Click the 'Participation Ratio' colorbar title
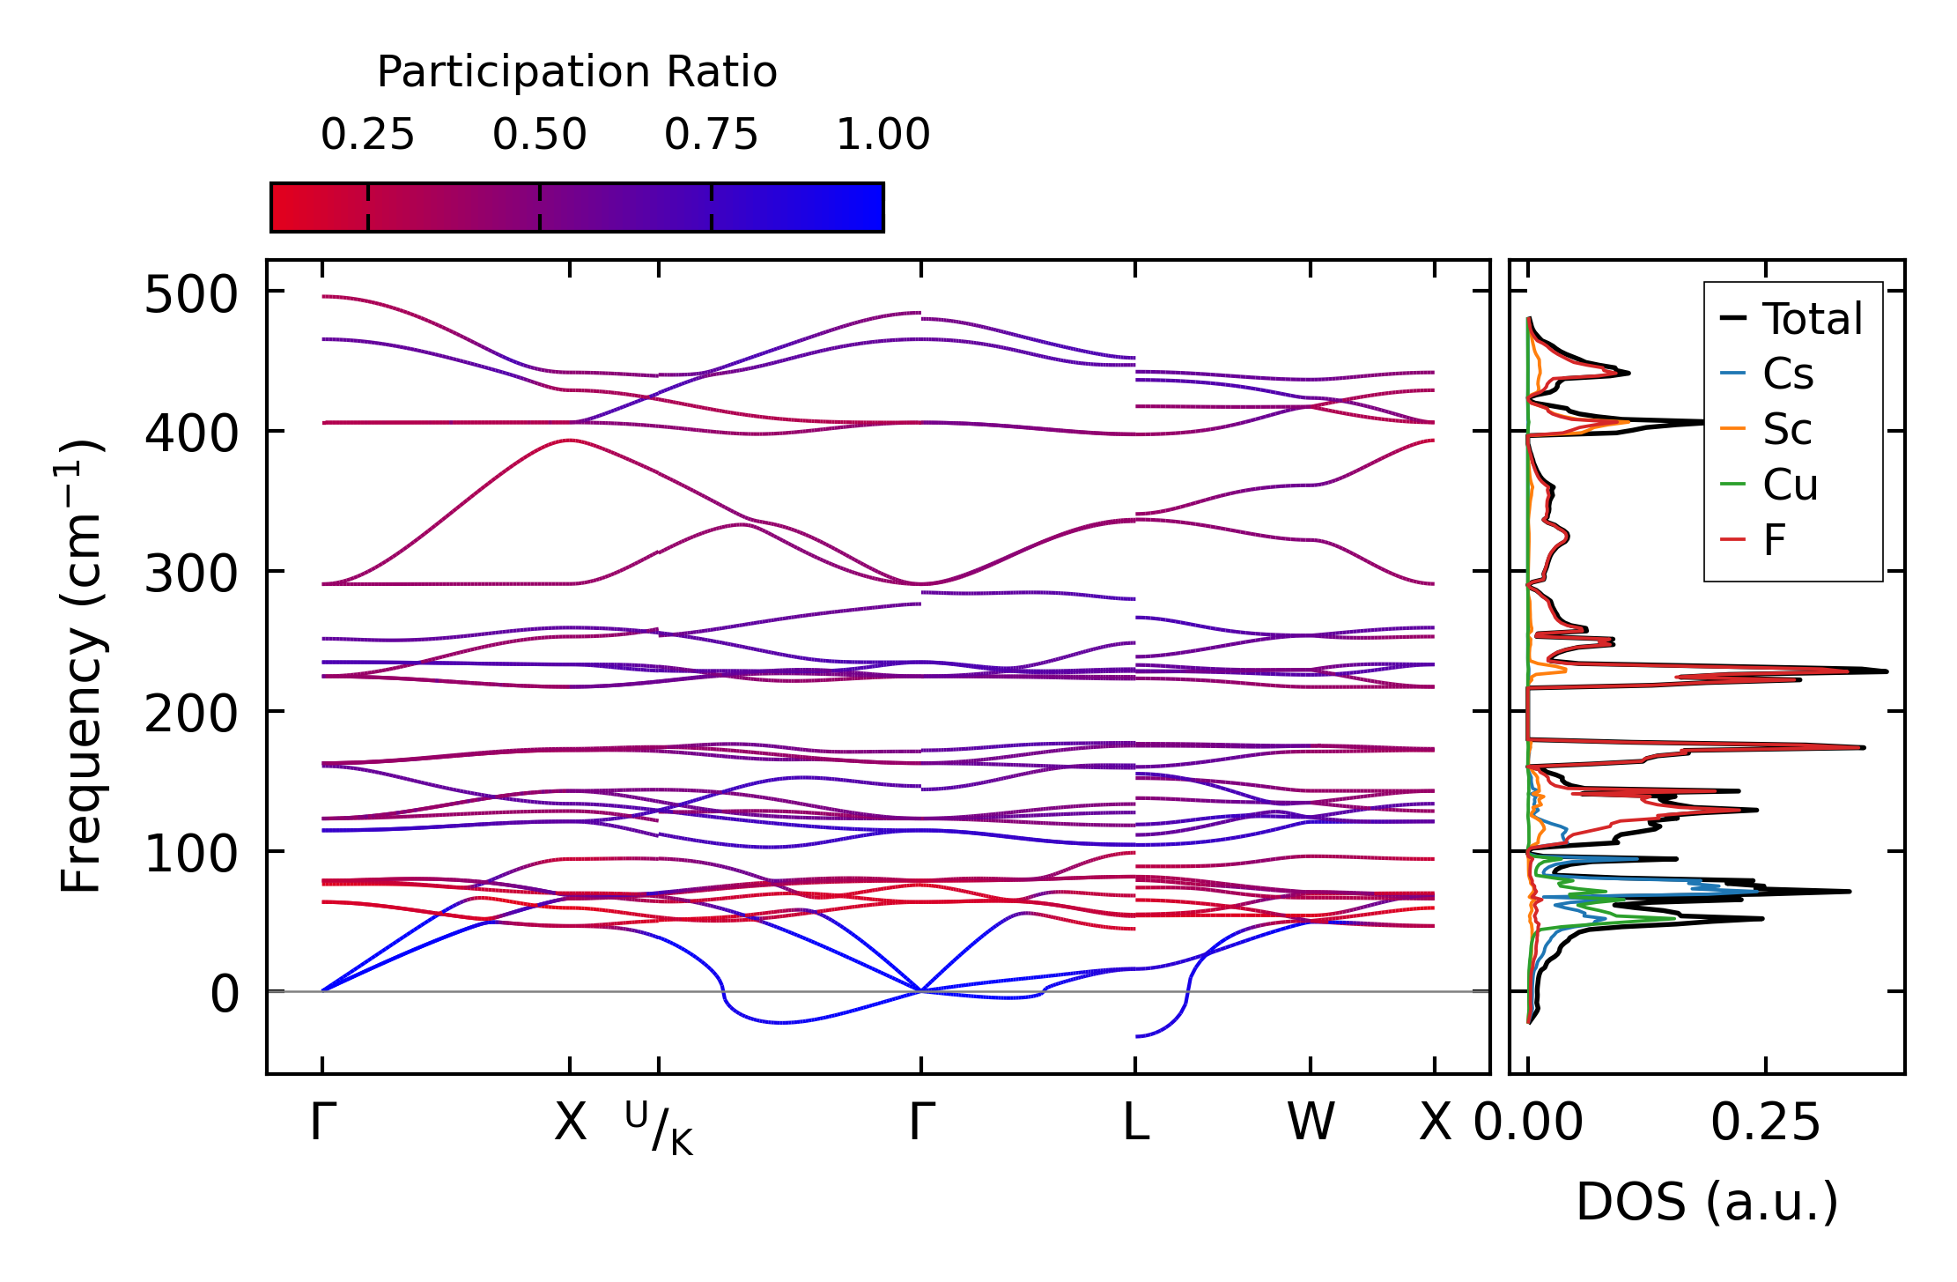[x=577, y=71]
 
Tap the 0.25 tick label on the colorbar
[x=367, y=135]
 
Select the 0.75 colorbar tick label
[x=711, y=135]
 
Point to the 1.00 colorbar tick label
[x=882, y=135]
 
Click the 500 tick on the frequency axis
[x=191, y=294]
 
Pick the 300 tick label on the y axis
[x=191, y=574]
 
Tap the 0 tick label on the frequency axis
[x=225, y=995]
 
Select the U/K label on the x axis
[x=659, y=1127]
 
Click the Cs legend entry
[x=1788, y=374]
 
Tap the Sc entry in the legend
[x=1787, y=430]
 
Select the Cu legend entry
[x=1790, y=485]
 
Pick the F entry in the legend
[x=1774, y=540]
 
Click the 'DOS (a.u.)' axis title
[x=1707, y=1202]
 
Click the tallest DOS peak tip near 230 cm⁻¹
[x=1887, y=671]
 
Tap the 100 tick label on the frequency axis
[x=191, y=855]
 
